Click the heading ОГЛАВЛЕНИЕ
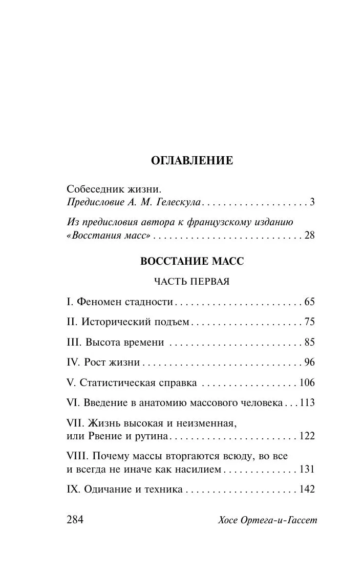pyautogui.click(x=192, y=161)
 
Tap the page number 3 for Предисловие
pyautogui.click(x=311, y=202)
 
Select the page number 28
pyautogui.click(x=309, y=236)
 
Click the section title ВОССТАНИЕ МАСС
pyautogui.click(x=192, y=261)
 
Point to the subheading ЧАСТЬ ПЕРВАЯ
pyautogui.click(x=192, y=281)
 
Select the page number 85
pyautogui.click(x=309, y=342)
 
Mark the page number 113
pyautogui.click(x=307, y=403)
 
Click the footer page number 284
pyautogui.click(x=75, y=520)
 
